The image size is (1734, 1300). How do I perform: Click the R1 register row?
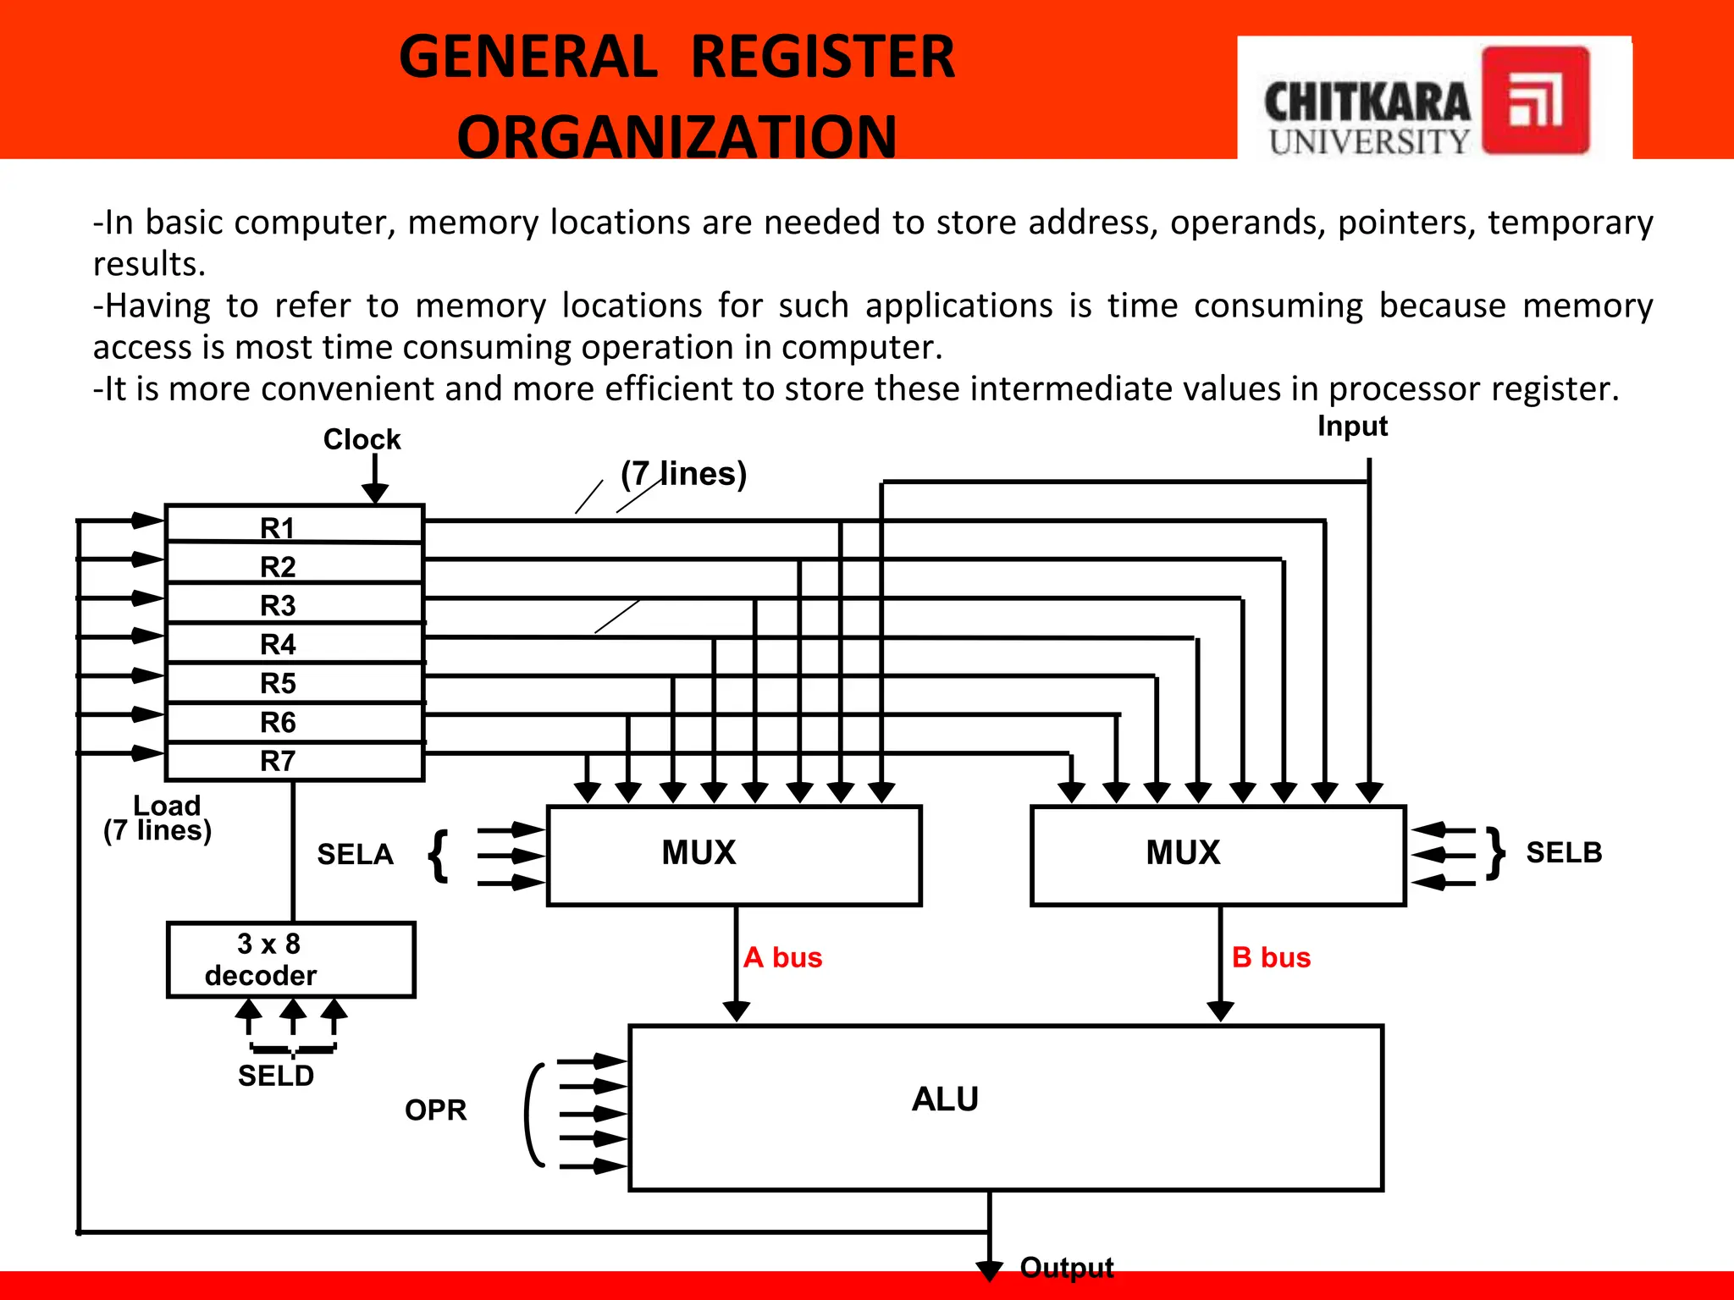[294, 525]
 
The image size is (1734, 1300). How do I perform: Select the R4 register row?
[294, 643]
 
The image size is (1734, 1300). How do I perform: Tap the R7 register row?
[294, 761]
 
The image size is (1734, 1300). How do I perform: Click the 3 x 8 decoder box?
[291, 960]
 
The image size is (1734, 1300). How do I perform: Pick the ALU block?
[1006, 1107]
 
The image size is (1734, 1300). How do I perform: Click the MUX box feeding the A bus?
[734, 855]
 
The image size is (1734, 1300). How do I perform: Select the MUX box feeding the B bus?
[1218, 855]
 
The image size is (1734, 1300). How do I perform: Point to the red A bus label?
[783, 957]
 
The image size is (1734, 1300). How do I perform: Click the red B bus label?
[1271, 957]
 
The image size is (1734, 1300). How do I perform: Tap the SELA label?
[356, 854]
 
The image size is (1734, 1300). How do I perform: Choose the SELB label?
[1564, 852]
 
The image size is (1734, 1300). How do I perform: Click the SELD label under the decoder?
[276, 1076]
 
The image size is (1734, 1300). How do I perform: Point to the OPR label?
[436, 1110]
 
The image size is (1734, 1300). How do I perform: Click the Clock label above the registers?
[362, 439]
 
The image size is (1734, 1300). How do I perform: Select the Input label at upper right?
[1352, 426]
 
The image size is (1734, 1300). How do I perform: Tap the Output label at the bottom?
[1067, 1267]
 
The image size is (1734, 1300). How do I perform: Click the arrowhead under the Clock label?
[375, 493]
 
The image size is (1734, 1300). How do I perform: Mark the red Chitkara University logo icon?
[1535, 100]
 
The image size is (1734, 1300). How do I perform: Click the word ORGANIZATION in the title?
[676, 135]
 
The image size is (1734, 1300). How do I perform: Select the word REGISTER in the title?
[822, 57]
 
